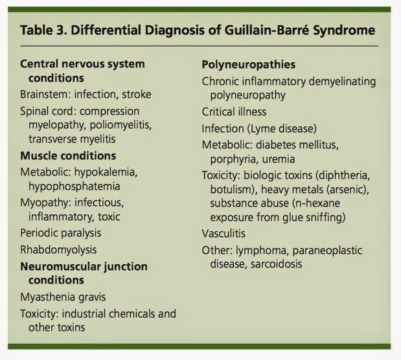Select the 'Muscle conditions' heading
click(68, 155)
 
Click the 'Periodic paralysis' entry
click(61, 232)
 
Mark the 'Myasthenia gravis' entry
click(63, 297)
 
